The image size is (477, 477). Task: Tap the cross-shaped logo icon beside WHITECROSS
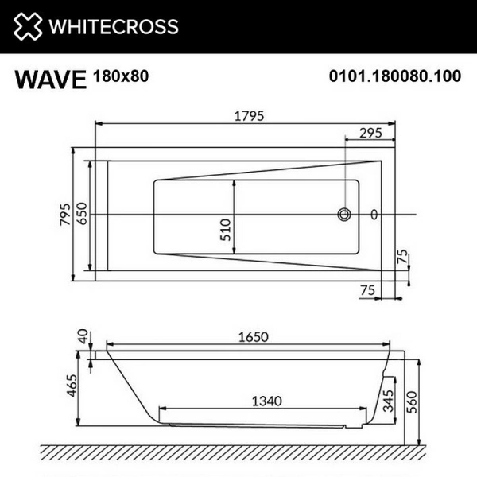point(27,27)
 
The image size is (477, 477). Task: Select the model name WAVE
point(48,80)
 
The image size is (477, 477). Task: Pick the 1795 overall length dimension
point(247,114)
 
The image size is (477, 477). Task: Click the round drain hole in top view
point(345,214)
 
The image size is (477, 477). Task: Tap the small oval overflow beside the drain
point(374,214)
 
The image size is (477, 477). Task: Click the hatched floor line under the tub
point(238,451)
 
